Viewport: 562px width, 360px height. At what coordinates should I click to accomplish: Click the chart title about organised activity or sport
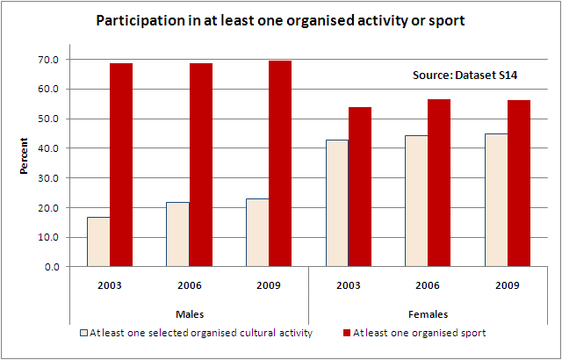click(x=280, y=19)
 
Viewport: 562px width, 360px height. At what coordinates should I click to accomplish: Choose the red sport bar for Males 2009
click(x=280, y=163)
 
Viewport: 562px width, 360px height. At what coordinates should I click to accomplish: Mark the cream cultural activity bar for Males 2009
click(x=257, y=233)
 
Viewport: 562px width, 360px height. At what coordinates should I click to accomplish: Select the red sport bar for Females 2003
click(x=360, y=186)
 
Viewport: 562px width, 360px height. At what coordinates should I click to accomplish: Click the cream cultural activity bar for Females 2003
click(x=337, y=203)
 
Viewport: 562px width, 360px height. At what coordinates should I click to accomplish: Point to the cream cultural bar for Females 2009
click(x=496, y=200)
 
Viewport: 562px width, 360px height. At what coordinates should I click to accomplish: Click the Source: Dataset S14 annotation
click(x=465, y=76)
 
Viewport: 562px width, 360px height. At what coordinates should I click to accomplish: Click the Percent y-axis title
click(x=25, y=155)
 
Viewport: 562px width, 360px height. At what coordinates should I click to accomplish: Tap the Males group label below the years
click(x=189, y=313)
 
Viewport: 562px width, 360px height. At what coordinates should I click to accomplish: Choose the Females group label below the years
click(x=429, y=313)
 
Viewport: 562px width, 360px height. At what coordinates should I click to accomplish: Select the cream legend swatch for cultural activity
click(x=84, y=334)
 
